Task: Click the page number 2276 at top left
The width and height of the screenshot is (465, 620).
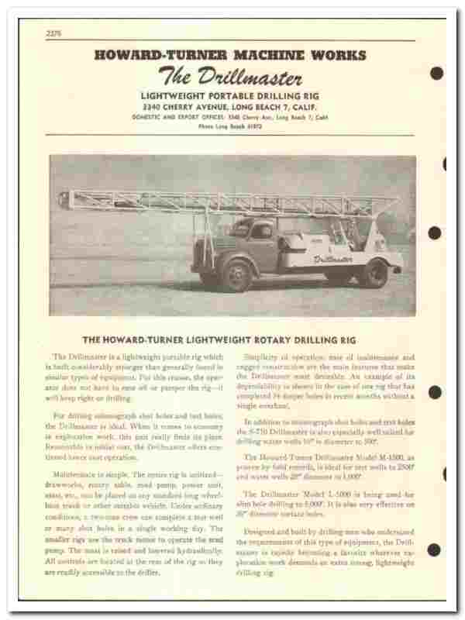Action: (x=52, y=33)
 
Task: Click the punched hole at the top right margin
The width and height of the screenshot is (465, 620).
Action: (x=436, y=74)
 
